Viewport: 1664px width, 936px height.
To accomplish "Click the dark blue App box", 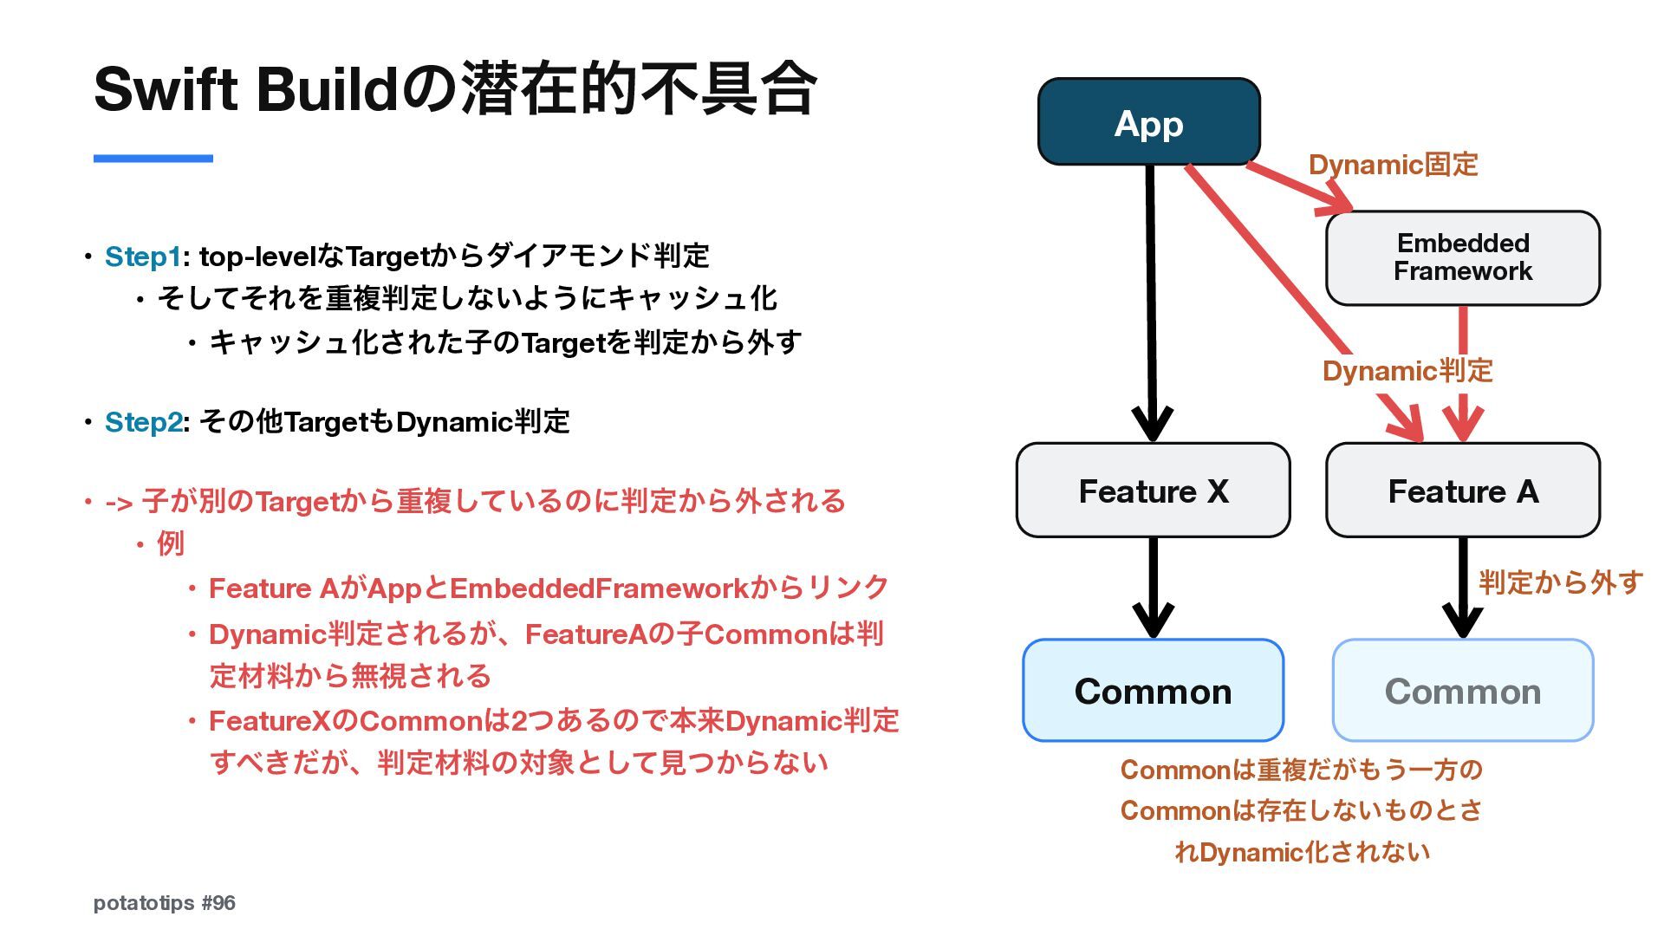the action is tap(1148, 121).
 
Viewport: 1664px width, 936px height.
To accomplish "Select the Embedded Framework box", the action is tap(1463, 257).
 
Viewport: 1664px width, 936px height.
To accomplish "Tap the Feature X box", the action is tap(1153, 491).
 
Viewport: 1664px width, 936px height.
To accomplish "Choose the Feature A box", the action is tap(1463, 491).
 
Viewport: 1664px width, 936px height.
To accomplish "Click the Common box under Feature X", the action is tap(1153, 691).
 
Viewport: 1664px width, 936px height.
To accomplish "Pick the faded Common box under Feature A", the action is tap(1463, 691).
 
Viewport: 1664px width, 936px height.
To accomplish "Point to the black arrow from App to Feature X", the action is tap(1151, 303).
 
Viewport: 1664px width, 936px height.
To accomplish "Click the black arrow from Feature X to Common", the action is tap(1154, 588).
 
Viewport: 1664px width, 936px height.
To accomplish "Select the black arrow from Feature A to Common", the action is tap(1463, 588).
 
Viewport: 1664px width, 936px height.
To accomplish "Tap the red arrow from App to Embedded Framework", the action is tap(1299, 187).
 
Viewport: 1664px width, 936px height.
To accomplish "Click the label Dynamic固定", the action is tap(1393, 164).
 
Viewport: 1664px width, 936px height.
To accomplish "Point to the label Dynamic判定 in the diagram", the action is tap(1407, 371).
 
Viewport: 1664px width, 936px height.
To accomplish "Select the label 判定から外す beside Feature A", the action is tap(1560, 582).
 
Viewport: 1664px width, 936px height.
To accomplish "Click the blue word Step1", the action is tap(143, 257).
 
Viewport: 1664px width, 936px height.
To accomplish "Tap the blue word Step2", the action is tap(143, 422).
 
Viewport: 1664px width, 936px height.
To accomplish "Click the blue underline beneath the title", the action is tap(153, 158).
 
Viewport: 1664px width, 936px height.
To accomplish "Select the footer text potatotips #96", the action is tap(165, 903).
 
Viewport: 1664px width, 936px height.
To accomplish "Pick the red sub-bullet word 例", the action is tap(171, 543).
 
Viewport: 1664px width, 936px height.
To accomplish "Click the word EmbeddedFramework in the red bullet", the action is tap(599, 588).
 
